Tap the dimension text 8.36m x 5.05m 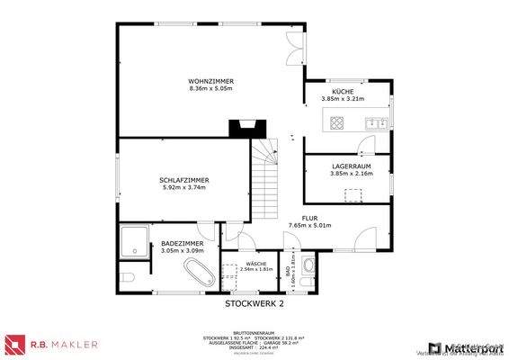coord(210,88)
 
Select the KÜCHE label coord(342,93)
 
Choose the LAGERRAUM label coord(345,166)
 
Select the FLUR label coord(309,218)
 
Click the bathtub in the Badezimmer coord(199,271)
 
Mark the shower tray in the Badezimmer coord(135,239)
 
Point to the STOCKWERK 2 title coord(254,303)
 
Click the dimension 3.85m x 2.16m coord(345,174)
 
